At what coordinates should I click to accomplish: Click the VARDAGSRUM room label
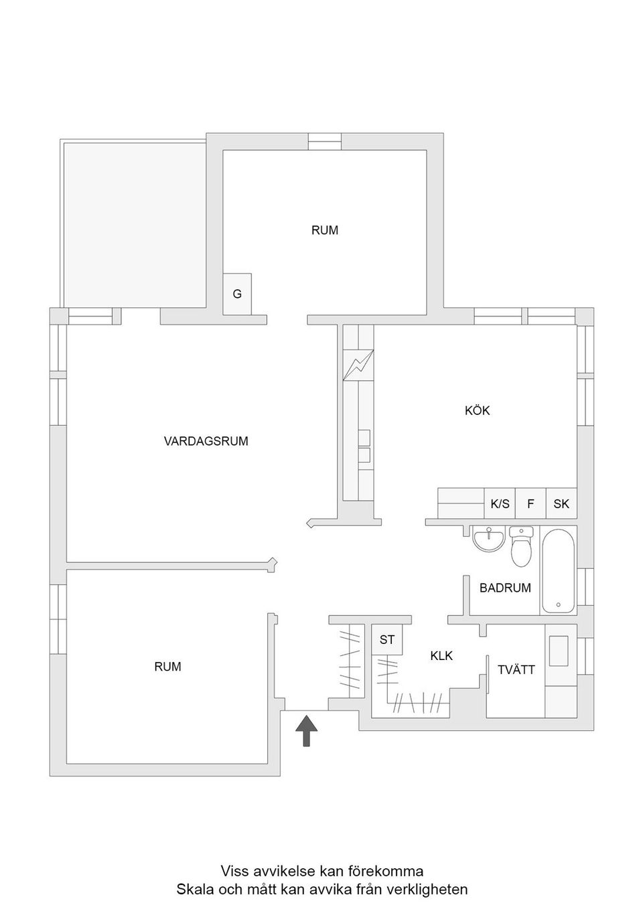coord(206,441)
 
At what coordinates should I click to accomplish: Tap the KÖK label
coord(478,410)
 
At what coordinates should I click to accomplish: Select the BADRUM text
coord(505,588)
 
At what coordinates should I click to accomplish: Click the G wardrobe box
coord(237,294)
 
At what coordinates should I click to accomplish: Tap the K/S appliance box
coord(500,503)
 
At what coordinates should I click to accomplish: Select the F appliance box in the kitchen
coord(530,503)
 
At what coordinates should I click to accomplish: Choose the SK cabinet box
coord(561,503)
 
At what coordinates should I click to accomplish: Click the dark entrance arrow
coord(307,731)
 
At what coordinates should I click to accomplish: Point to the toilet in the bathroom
coord(521,546)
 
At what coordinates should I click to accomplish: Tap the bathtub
coord(558,571)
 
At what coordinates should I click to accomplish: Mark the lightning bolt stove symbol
coord(358,365)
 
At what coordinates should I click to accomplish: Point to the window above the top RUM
coord(324,142)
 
